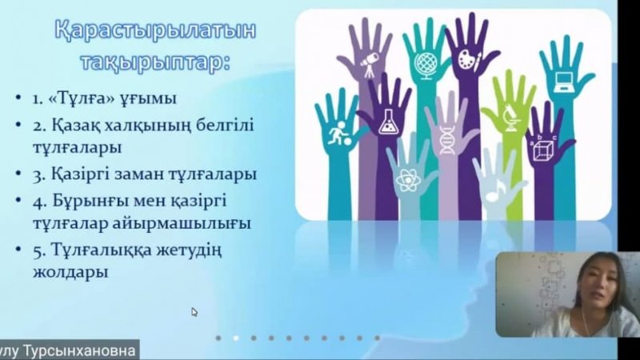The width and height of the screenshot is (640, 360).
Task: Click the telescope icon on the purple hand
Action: pyautogui.click(x=370, y=63)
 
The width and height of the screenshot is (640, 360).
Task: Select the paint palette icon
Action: pyautogui.click(x=470, y=60)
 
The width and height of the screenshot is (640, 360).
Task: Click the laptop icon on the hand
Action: pyautogui.click(x=563, y=82)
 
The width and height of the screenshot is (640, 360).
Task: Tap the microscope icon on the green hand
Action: pyautogui.click(x=510, y=118)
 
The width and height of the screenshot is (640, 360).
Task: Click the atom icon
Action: pyautogui.click(x=407, y=180)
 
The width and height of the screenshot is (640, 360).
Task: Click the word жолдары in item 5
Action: pyautogui.click(x=70, y=272)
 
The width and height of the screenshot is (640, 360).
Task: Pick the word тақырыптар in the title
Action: pyautogui.click(x=155, y=62)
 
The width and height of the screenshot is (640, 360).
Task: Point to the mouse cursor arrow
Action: pyautogui.click(x=194, y=312)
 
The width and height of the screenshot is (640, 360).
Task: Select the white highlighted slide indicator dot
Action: pyautogui.click(x=236, y=338)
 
